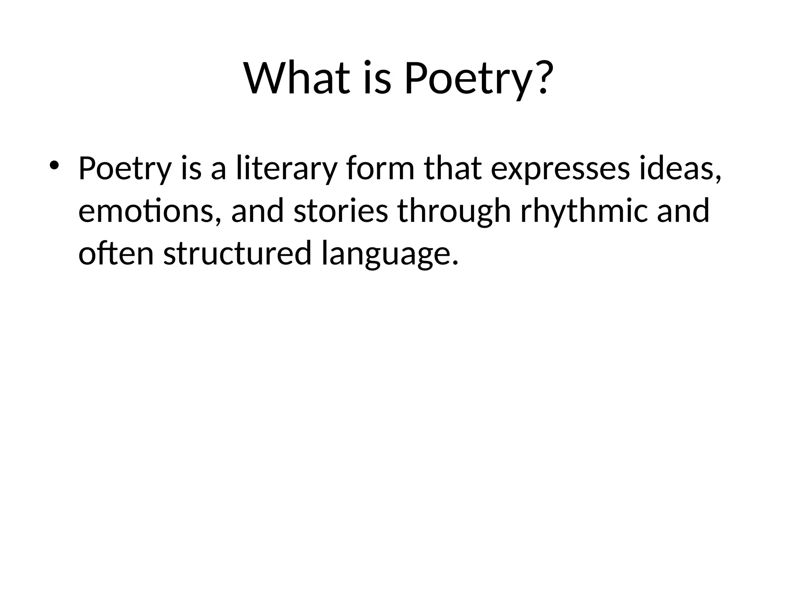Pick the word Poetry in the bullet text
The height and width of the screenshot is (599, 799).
(124, 169)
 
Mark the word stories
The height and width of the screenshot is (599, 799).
(341, 211)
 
